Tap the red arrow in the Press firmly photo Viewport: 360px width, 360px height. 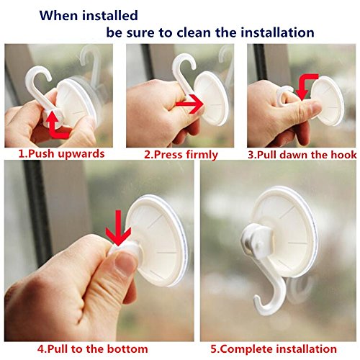(x=189, y=104)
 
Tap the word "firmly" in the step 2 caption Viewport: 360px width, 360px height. (x=202, y=155)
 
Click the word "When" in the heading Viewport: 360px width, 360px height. (x=59, y=15)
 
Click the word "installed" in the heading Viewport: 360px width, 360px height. (x=110, y=15)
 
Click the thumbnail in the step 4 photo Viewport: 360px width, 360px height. (x=124, y=263)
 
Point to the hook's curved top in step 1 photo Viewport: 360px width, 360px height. (x=38, y=72)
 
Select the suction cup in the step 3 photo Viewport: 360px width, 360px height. (x=328, y=101)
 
